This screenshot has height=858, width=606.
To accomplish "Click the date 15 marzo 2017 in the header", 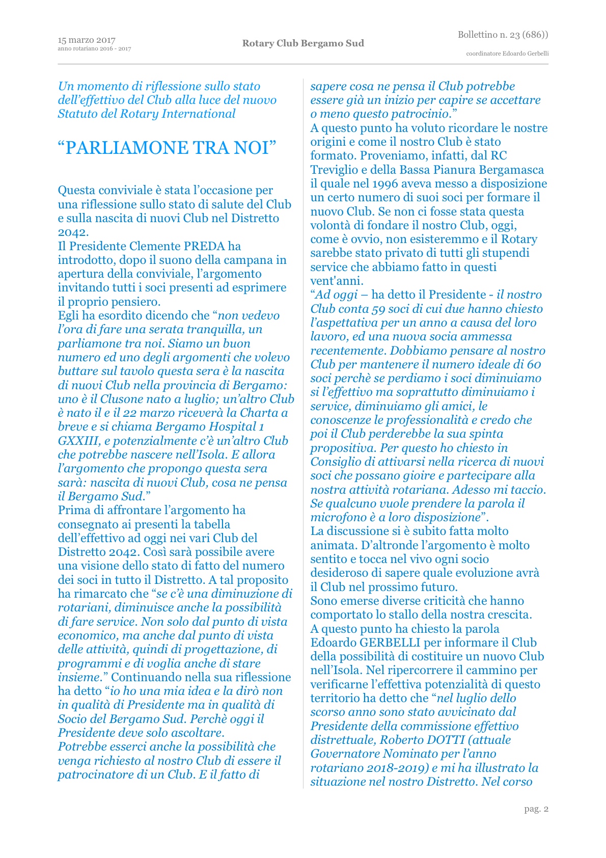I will pyautogui.click(x=87, y=40).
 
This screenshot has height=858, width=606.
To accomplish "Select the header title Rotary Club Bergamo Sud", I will pyautogui.click(x=303, y=43).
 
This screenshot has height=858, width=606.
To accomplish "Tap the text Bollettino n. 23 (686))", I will pyautogui.click(x=503, y=35).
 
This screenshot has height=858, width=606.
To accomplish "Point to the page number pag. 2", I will pyautogui.click(x=536, y=809).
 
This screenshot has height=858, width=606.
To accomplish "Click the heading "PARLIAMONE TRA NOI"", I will pyautogui.click(x=167, y=148).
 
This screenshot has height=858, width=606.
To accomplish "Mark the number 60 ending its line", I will pyautogui.click(x=534, y=364).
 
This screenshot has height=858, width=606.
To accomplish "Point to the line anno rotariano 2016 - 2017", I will pyautogui.click(x=94, y=49).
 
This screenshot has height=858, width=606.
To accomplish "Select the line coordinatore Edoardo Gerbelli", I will pyautogui.click(x=507, y=53).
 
